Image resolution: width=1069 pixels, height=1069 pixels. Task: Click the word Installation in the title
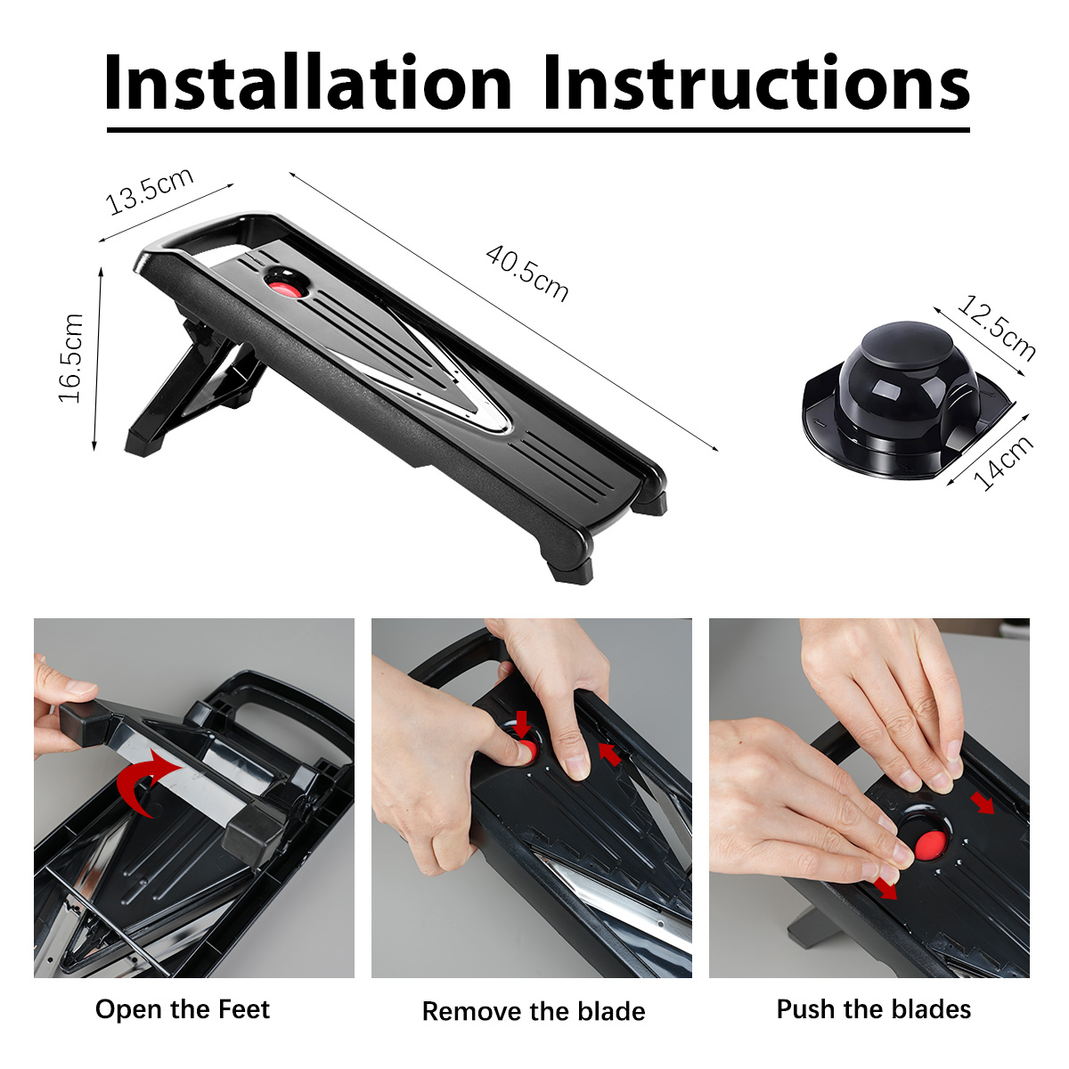[308, 81]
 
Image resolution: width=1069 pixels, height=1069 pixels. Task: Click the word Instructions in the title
[756, 81]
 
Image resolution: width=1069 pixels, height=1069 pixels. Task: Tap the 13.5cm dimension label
[150, 190]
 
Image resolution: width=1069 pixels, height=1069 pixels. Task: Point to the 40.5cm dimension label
[527, 273]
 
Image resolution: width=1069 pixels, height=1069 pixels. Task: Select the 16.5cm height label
[71, 358]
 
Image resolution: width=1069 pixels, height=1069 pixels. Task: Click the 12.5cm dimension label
[997, 329]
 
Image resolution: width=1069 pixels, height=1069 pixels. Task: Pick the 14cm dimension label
[1004, 462]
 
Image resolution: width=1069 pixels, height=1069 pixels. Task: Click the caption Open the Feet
[183, 1009]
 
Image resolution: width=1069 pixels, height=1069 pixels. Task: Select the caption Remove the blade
[534, 1011]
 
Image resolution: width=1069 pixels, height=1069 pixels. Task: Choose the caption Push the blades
[874, 1008]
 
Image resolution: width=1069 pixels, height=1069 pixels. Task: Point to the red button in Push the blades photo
[930, 845]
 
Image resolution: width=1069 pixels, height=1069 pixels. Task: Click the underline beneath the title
[538, 130]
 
